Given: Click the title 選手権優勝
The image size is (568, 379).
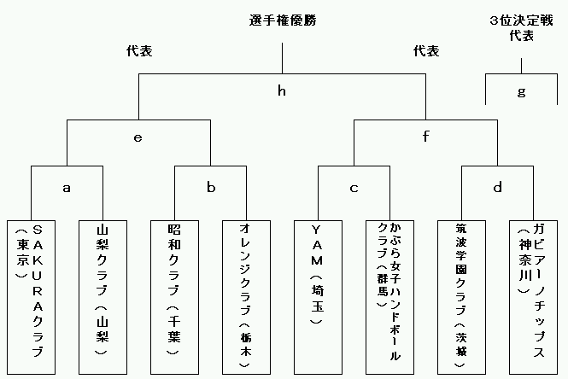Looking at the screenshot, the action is click(x=283, y=20).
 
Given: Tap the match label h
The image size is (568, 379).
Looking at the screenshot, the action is click(x=282, y=90).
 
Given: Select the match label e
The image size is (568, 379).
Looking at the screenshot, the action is click(x=138, y=137).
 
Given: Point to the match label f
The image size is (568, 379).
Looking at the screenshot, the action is click(x=425, y=137).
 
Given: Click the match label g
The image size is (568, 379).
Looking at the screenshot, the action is click(x=521, y=92).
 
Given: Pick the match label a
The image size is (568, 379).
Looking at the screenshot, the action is click(x=67, y=188).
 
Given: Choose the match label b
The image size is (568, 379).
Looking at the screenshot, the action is click(x=211, y=187).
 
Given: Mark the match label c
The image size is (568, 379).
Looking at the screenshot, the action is click(x=354, y=189).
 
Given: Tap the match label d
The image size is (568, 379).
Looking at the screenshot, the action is click(x=498, y=187).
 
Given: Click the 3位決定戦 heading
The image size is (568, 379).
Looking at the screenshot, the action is click(x=521, y=20).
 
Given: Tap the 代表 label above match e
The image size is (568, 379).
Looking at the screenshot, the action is click(x=139, y=51).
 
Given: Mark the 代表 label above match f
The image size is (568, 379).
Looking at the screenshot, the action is click(x=426, y=51).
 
